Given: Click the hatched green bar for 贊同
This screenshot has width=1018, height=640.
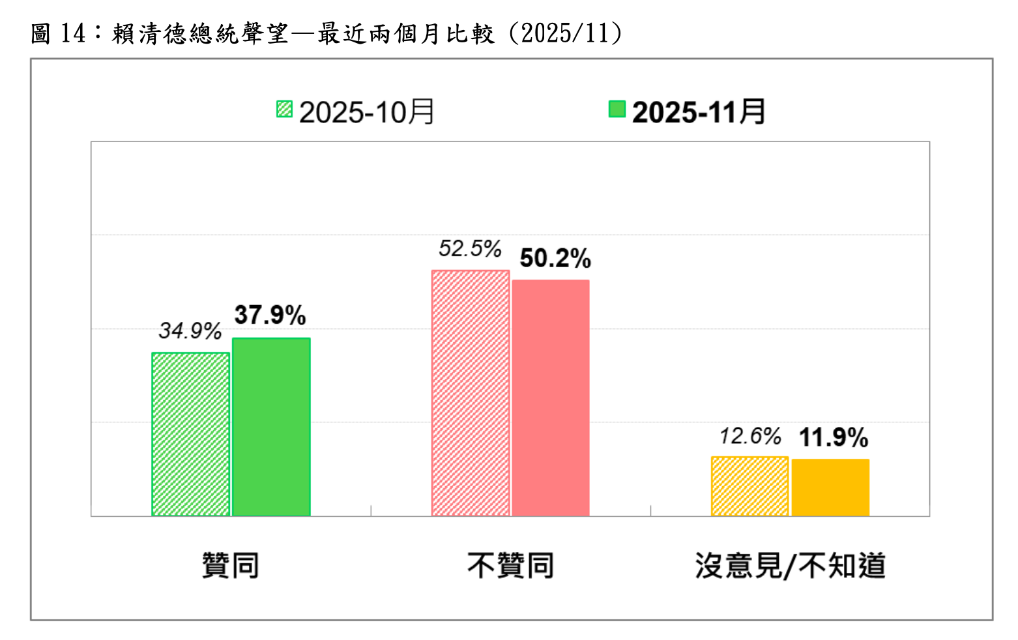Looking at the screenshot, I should (191, 434).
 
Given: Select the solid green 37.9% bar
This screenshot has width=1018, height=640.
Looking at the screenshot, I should (271, 427).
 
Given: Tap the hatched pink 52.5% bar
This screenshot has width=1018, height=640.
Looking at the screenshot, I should (471, 393).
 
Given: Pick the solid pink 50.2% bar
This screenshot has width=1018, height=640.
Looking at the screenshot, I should (551, 398).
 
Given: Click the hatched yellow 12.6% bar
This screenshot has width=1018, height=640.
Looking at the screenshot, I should (749, 486).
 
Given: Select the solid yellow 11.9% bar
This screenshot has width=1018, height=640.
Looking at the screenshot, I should (830, 487).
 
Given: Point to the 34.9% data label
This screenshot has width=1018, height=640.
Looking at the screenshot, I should (190, 331).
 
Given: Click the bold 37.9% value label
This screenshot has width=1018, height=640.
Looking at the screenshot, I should (270, 315).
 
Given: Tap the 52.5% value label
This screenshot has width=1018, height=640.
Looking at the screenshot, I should (470, 249).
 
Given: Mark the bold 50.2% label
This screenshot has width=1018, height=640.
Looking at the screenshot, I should (555, 259).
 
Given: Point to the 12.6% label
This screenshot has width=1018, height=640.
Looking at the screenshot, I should (750, 436).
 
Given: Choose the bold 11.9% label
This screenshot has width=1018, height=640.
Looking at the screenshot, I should (834, 437).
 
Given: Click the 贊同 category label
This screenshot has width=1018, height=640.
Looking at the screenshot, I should (231, 565).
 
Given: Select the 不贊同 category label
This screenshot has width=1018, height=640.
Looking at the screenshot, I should (510, 565).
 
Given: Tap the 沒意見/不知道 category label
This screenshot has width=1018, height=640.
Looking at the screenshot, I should (790, 565).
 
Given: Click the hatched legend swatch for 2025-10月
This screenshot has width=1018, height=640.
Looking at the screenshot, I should (284, 109).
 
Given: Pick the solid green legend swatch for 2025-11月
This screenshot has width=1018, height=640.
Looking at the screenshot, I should (617, 109).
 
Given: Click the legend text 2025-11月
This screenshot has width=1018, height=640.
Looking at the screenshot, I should (699, 112).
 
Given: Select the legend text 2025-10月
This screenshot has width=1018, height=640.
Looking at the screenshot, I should (367, 112).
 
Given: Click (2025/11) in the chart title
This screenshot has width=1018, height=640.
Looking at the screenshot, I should (565, 33).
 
